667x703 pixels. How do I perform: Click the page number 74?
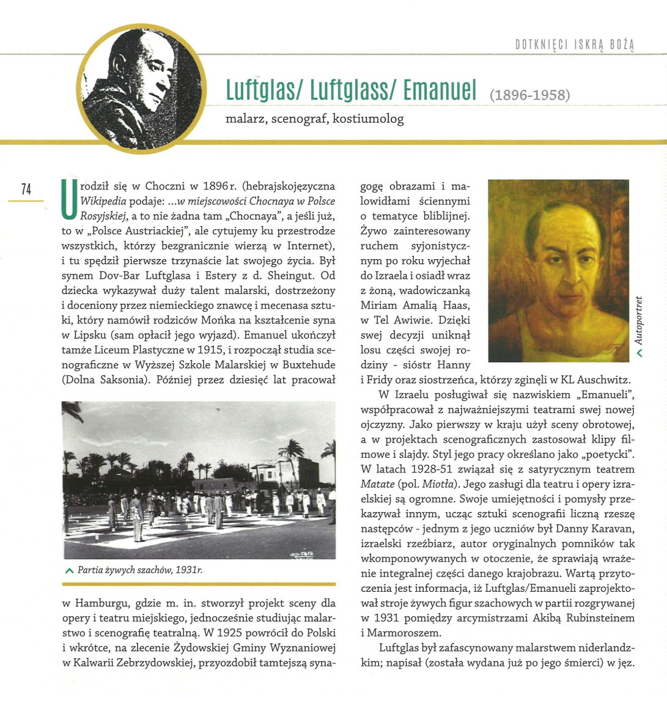pyautogui.click(x=26, y=189)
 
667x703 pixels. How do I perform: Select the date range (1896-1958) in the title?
pyautogui.click(x=529, y=95)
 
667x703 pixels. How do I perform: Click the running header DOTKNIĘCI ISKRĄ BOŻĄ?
pyautogui.click(x=575, y=45)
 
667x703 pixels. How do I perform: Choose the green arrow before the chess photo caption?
pyautogui.click(x=69, y=570)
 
